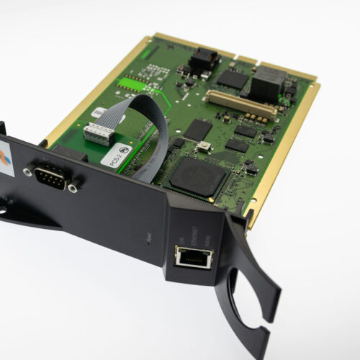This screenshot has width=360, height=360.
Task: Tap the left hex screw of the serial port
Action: click(29, 171)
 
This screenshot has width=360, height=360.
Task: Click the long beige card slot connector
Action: click(242, 105)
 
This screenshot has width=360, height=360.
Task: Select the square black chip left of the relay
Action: click(232, 78)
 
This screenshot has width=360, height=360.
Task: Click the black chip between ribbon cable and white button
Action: click(197, 130)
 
